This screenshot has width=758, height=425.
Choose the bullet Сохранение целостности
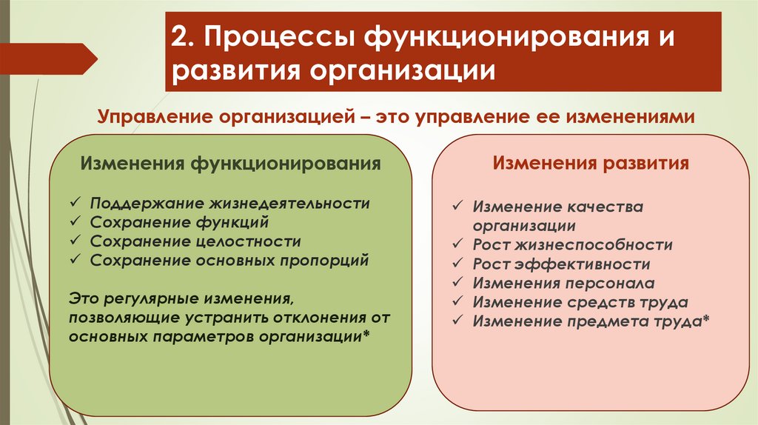coord(195,241)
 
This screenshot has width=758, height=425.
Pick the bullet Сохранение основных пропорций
coord(229,260)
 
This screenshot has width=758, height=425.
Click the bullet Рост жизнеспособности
coord(572,244)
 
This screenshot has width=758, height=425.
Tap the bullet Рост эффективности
coord(561,264)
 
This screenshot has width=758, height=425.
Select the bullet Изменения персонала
coord(563,283)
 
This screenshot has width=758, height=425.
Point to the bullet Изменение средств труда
coord(580,302)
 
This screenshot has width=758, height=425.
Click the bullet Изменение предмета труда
coord(588,321)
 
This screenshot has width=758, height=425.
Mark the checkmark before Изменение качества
coord(458,207)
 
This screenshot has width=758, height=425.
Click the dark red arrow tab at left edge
coord(44,58)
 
